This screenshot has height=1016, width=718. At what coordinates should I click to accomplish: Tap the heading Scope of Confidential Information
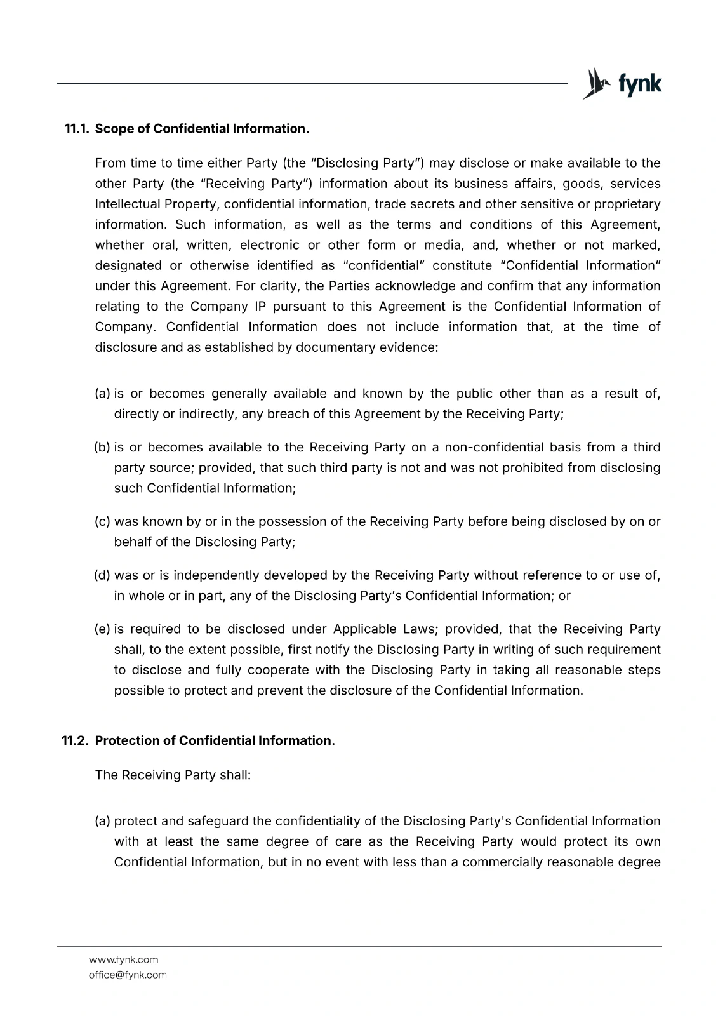coord(202,129)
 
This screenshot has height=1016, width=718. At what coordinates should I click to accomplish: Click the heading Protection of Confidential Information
coord(215,741)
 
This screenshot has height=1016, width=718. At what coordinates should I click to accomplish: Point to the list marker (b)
coord(102,448)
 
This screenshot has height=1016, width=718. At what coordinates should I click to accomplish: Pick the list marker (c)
coord(102,522)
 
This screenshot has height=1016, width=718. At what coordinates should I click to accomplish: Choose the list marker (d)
coord(102,576)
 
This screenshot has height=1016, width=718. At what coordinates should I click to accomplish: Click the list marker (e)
coord(102,629)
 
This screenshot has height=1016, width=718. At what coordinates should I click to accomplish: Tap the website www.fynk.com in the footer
coord(123,959)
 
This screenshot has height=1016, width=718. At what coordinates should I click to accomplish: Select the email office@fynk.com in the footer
coord(128,975)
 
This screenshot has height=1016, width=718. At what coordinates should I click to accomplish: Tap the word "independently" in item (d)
coord(216,576)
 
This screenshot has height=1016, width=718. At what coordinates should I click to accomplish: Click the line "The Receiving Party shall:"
coord(173,776)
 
